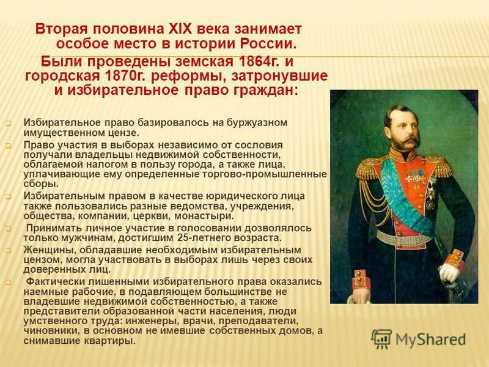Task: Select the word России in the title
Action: click(x=265, y=44)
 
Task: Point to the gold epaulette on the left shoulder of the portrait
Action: click(x=367, y=168)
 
